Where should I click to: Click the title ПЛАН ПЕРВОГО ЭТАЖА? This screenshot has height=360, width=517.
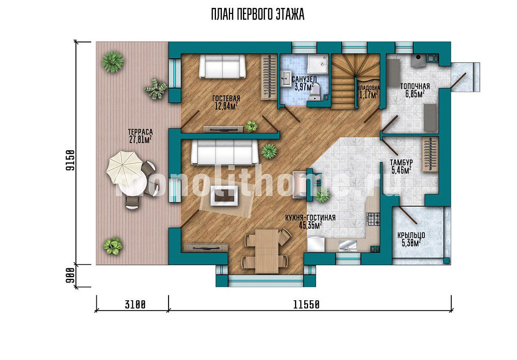tap(257, 15)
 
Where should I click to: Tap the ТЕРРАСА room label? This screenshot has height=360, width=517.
tap(141, 132)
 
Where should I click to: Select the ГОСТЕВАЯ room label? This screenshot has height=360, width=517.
tap(226, 98)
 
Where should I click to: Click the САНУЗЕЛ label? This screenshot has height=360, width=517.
tap(304, 80)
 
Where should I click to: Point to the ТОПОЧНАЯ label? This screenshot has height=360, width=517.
tap(415, 86)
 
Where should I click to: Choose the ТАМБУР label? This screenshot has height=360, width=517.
tap(401, 163)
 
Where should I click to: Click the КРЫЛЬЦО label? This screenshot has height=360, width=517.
tap(411, 236)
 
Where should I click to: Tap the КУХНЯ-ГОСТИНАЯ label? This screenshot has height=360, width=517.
tap(310, 218)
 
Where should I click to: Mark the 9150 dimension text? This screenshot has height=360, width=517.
tap(70, 160)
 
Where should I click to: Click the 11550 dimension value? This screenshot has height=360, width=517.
tap(306, 305)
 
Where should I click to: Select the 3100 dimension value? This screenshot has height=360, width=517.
tap(135, 305)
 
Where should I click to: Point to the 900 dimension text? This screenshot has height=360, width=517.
tap(70, 276)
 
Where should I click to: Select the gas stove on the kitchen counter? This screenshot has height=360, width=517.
tap(373, 219)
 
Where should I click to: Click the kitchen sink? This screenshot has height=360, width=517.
tap(347, 245)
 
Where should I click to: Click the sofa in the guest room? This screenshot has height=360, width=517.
tap(222, 66)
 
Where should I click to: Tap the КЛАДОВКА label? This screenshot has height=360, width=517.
tap(368, 88)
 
